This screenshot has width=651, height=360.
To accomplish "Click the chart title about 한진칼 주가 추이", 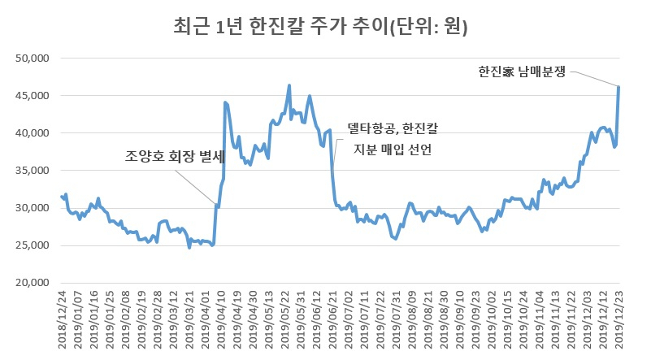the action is [x=320, y=27].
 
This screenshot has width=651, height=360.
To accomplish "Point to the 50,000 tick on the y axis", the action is [x=33, y=59].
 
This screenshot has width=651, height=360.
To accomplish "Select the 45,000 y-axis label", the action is [x=33, y=96].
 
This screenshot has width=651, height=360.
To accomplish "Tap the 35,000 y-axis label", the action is [x=33, y=170].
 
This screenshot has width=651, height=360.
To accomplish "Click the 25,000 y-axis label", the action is [x=33, y=245].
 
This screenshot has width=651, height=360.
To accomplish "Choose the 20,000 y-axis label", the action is [x=33, y=282].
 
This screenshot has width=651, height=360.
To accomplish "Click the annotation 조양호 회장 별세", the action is [x=175, y=156].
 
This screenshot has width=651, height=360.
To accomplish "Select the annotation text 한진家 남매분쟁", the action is [x=522, y=72].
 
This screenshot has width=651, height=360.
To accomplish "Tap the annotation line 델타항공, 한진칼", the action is [x=393, y=128].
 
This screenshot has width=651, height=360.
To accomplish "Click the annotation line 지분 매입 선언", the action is [x=393, y=149].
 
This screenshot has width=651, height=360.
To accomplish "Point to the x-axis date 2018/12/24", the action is [x=63, y=319].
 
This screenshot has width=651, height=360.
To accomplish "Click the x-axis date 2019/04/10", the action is [x=221, y=319].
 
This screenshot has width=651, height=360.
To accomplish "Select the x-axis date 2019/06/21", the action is [x=332, y=319].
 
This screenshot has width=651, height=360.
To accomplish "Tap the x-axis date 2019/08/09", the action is [x=412, y=319].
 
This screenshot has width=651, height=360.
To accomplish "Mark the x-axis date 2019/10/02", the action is [x=492, y=319].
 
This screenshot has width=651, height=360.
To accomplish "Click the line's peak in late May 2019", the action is [x=289, y=85].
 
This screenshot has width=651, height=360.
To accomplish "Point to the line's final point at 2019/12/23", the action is [x=618, y=87].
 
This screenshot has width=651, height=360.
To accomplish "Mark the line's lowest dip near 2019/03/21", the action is [x=189, y=248].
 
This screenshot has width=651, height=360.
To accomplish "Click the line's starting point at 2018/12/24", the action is [x=62, y=197].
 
